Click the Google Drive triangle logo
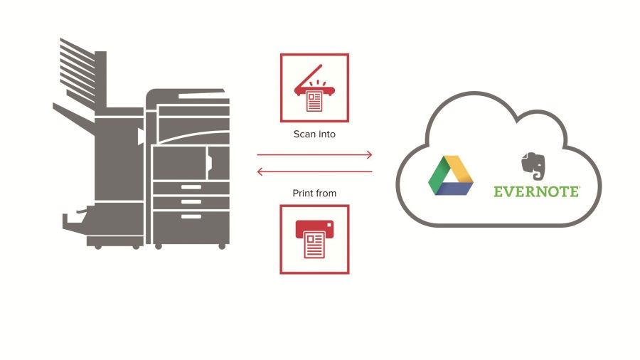point(451,176)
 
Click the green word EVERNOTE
point(537,191)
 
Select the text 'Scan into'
point(314,134)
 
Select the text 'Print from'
point(314,193)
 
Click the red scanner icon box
point(314,88)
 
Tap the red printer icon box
point(314,239)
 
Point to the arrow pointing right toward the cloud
point(314,154)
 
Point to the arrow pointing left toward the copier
point(314,171)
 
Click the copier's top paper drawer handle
point(191,187)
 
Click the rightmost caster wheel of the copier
point(223,245)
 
